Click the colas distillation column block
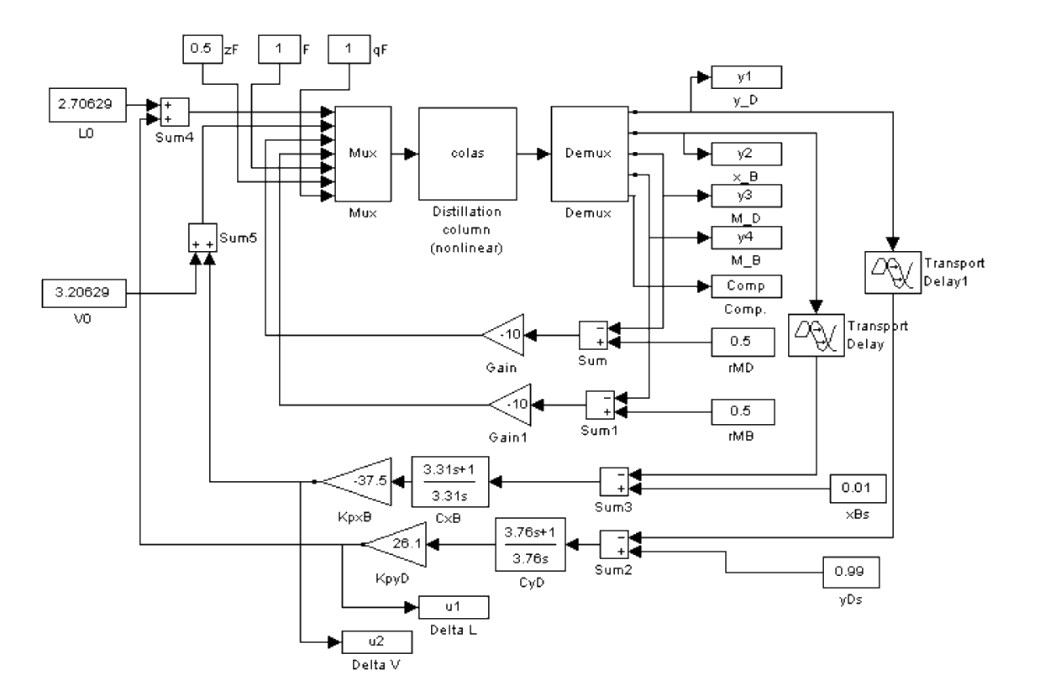pos(467,154)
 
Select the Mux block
pos(364,154)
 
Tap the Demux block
pos(589,154)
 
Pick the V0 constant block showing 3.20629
pos(87,293)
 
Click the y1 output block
pos(746,77)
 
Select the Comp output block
pos(746,285)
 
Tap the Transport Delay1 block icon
pos(891,271)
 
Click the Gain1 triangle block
pos(513,405)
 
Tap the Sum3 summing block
pos(613,482)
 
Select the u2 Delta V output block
pos(377,641)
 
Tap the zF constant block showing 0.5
pos(201,50)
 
